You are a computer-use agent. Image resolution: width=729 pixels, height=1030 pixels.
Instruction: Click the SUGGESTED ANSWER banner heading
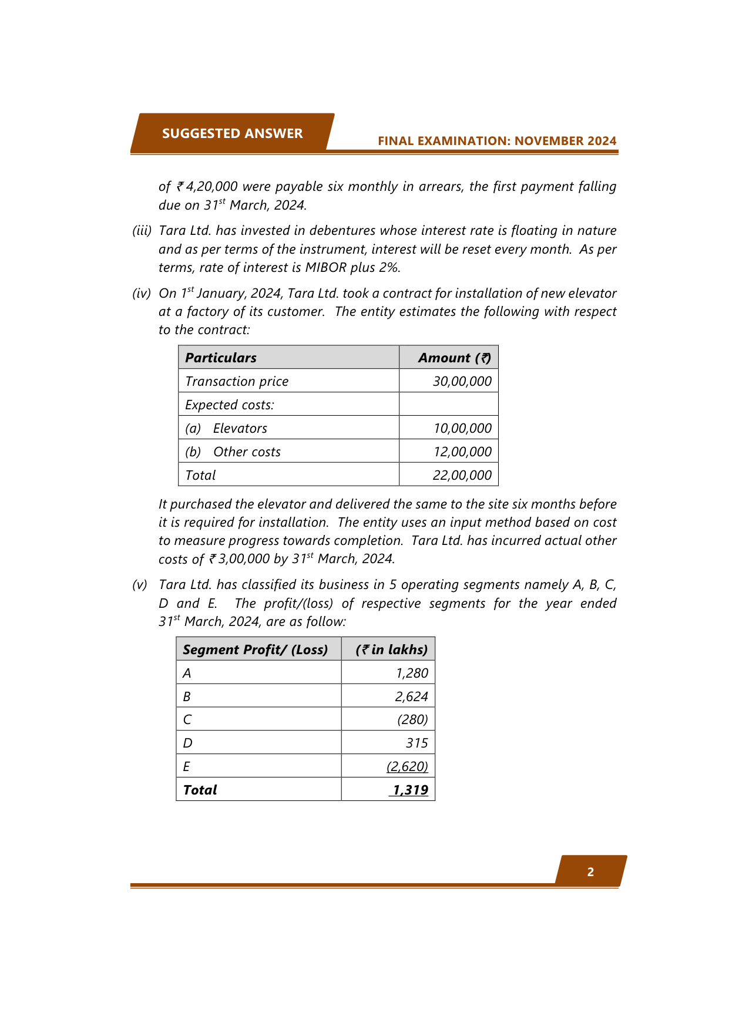[232, 133]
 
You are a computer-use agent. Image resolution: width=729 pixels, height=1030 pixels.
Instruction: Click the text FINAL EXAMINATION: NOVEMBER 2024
[497, 141]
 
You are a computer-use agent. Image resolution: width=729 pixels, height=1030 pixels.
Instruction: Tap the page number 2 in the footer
[590, 872]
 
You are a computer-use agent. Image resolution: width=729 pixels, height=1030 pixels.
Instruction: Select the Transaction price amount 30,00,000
[462, 381]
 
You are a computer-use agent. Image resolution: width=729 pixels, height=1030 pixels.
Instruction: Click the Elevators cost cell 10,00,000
[462, 428]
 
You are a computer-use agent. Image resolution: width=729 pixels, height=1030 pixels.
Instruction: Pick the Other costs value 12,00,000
[462, 452]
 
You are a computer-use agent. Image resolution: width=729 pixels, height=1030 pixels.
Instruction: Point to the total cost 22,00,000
[462, 475]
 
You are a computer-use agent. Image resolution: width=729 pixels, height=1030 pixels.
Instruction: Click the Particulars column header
[221, 358]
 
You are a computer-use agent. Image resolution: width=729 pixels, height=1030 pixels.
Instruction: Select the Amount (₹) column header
[454, 358]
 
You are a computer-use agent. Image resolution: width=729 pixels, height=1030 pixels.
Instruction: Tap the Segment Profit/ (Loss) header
[256, 649]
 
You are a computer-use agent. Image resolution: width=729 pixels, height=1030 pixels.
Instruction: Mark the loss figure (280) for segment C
[412, 719]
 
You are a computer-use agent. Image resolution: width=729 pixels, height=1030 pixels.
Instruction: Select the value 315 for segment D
[416, 743]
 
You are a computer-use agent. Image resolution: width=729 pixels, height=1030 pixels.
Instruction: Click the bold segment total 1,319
[410, 790]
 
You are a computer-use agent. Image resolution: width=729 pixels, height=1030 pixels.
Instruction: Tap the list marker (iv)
[142, 293]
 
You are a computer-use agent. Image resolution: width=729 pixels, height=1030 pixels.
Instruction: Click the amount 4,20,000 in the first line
[211, 187]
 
